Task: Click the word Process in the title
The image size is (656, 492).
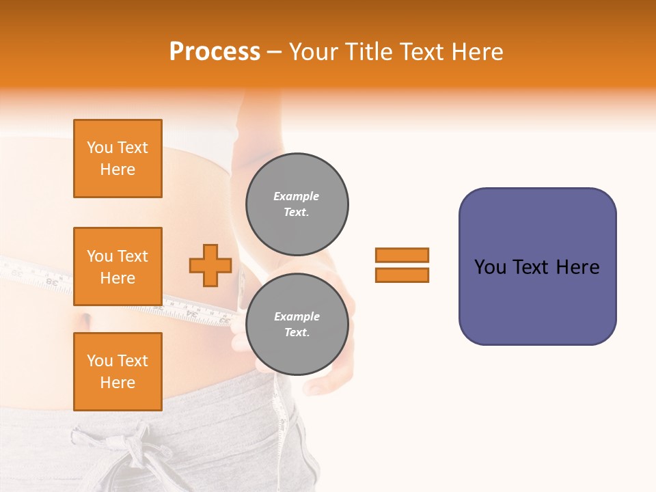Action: (x=215, y=52)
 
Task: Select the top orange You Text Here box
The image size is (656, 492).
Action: (x=118, y=159)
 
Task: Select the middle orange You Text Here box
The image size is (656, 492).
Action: (x=118, y=266)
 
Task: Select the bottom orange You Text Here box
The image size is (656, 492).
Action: (x=118, y=372)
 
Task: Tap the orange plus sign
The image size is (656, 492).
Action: (x=210, y=265)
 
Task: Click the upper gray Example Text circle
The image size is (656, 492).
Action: (x=297, y=204)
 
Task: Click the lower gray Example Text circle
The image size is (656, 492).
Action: (x=297, y=325)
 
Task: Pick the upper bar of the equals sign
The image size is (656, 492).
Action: (x=402, y=255)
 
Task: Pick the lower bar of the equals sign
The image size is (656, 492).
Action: (x=402, y=275)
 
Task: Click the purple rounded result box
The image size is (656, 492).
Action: (x=537, y=301)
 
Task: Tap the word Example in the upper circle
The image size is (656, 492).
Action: (x=297, y=196)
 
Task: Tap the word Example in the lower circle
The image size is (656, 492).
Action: (x=297, y=316)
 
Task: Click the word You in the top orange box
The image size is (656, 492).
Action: (x=100, y=148)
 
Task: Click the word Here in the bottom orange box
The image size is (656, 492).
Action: (x=118, y=383)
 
